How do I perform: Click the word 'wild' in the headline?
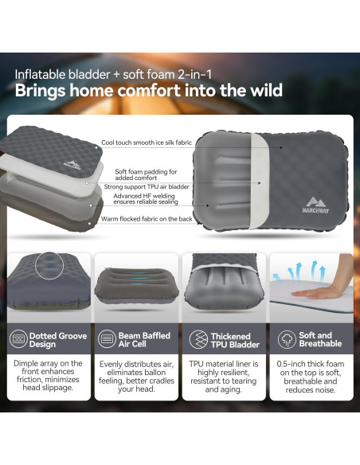(x=262, y=91)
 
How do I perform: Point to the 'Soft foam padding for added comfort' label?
(x=146, y=174)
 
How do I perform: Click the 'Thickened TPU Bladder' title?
(x=230, y=341)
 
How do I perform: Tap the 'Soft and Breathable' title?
(x=315, y=340)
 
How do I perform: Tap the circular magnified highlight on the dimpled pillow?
(x=50, y=265)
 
